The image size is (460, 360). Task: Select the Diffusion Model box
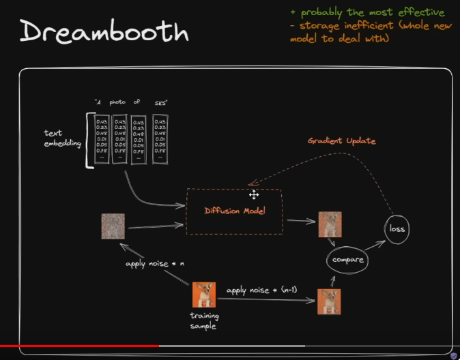pyautogui.click(x=234, y=211)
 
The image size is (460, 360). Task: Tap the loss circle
pyautogui.click(x=397, y=228)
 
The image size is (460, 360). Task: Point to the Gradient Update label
pyautogui.click(x=341, y=141)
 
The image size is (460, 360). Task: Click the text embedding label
pyautogui.click(x=62, y=140)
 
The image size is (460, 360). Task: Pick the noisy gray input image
pyautogui.click(x=113, y=226)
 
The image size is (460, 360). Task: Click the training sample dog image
pyautogui.click(x=204, y=295)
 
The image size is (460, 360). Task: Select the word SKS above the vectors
pyautogui.click(x=160, y=103)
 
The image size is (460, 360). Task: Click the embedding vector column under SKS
pyautogui.click(x=161, y=139)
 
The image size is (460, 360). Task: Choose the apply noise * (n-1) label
pyautogui.click(x=265, y=291)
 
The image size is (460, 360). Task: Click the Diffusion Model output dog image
pyautogui.click(x=330, y=224)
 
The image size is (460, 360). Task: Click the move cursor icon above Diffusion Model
pyautogui.click(x=254, y=194)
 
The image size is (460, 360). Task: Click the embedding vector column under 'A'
pyautogui.click(x=101, y=139)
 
